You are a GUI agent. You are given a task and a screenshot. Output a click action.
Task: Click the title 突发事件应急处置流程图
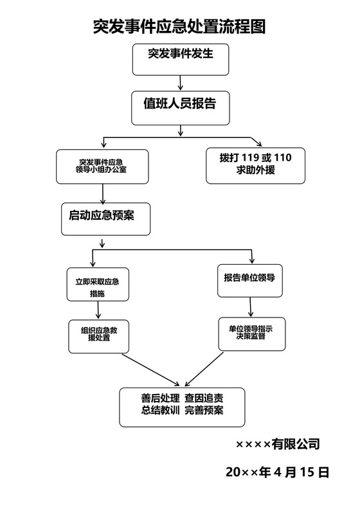(x=179, y=26)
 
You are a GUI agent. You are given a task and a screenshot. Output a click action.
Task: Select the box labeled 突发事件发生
(x=180, y=58)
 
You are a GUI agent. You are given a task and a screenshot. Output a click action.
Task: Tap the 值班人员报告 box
(x=180, y=107)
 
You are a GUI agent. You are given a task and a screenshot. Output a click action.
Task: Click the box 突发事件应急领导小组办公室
(x=102, y=166)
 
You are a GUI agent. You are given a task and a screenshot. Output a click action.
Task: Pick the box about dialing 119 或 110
(x=255, y=165)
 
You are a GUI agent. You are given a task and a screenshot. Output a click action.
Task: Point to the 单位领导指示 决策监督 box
(x=251, y=333)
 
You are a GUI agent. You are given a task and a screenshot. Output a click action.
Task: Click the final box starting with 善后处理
(x=183, y=406)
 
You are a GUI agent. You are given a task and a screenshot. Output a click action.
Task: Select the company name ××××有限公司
(x=277, y=444)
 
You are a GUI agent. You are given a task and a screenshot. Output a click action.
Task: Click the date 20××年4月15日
(x=278, y=472)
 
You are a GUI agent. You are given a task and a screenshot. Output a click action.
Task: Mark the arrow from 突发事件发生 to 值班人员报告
(x=181, y=82)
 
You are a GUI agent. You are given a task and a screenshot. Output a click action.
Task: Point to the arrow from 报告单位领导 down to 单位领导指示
(x=251, y=307)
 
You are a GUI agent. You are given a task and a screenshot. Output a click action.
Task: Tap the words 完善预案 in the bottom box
(x=204, y=411)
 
